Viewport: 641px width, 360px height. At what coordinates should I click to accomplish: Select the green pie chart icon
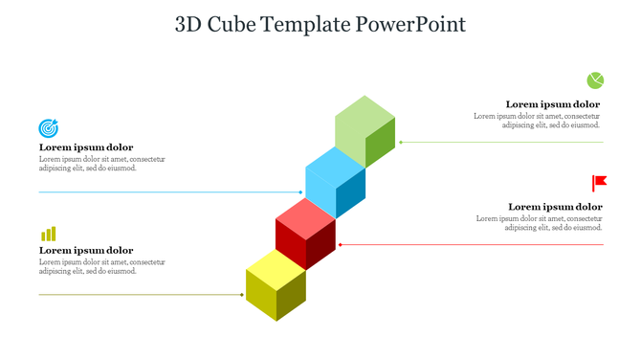click(x=595, y=79)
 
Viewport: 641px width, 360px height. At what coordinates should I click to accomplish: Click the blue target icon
click(x=48, y=127)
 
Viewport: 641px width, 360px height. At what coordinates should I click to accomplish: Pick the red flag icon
click(x=599, y=182)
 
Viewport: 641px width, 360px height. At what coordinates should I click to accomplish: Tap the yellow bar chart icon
click(x=48, y=234)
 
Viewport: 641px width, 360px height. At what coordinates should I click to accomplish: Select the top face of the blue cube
click(x=336, y=163)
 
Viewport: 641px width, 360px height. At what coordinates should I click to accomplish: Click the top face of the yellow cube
click(x=276, y=265)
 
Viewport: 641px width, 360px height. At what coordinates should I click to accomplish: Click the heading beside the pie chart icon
click(x=553, y=104)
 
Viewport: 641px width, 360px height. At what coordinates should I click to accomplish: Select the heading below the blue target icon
click(x=86, y=147)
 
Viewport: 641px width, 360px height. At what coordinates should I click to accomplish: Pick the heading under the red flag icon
click(x=555, y=206)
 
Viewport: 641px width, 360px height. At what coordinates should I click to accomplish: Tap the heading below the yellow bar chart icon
click(x=86, y=250)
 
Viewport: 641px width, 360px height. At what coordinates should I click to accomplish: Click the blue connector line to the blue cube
click(x=172, y=192)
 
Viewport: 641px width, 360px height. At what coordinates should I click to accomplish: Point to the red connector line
click(x=469, y=244)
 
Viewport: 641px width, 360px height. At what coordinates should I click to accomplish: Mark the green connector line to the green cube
click(x=497, y=142)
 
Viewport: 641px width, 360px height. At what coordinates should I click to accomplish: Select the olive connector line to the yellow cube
click(x=144, y=295)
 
